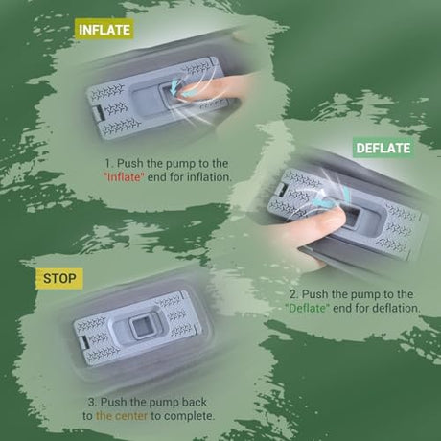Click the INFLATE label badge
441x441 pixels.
104,30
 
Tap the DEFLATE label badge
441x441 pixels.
383,148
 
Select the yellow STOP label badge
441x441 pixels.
59,279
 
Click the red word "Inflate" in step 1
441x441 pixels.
125,177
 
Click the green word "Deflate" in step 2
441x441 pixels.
307,308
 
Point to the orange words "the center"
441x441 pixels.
122,416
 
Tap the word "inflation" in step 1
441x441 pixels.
209,177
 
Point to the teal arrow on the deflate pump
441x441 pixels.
332,197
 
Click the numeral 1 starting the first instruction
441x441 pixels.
108,163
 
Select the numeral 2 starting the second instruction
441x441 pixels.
293,294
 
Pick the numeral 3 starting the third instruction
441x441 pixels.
92,402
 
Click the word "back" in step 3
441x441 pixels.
195,402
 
